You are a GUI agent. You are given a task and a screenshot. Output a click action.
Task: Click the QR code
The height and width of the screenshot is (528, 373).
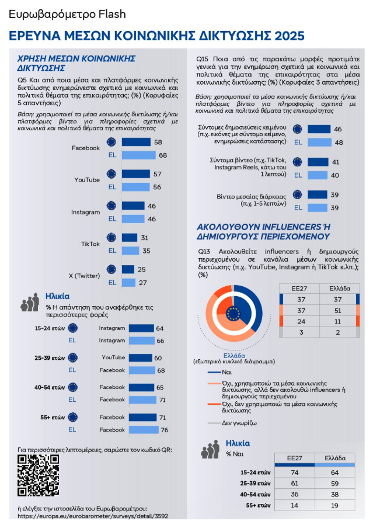pos(38,476)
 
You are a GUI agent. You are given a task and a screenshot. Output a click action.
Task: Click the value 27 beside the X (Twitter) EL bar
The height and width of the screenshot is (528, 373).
pos(144,283)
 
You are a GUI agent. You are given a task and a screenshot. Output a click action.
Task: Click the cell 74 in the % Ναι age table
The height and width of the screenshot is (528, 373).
pos(295,471)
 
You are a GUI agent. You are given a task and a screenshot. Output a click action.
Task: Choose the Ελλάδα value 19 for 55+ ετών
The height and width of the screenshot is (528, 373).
pos(334,504)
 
